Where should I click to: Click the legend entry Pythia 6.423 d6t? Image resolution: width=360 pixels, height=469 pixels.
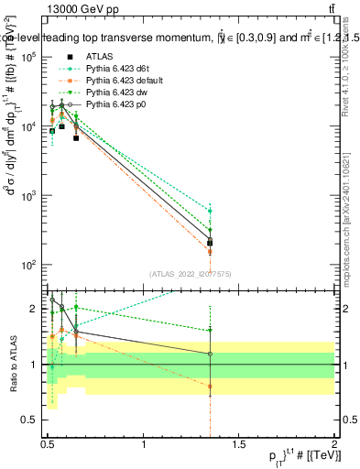pyautogui.click(x=116, y=68)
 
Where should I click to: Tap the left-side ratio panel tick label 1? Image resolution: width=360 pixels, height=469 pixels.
pyautogui.click(x=36, y=365)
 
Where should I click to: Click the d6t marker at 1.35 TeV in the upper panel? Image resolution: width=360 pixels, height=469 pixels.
pyautogui.click(x=211, y=211)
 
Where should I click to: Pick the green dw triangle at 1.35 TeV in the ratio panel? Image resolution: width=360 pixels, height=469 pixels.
pyautogui.click(x=211, y=330)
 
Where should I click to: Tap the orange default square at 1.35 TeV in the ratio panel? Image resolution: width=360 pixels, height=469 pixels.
pyautogui.click(x=211, y=386)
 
